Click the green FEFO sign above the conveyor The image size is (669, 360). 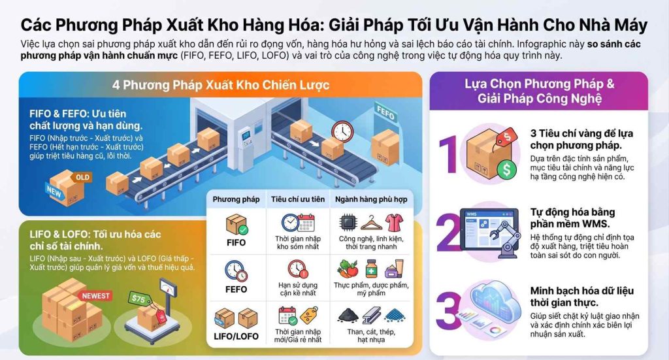386,112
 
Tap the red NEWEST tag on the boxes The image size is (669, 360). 95,295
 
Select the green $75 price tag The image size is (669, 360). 140,299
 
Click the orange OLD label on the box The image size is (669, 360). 82,178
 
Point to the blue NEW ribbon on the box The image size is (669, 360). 54,191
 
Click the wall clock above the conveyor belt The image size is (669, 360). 342,131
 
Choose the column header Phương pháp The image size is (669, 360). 236,199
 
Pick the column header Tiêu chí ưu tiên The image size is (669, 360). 298,199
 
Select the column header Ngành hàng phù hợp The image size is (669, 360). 371,199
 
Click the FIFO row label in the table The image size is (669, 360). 236,242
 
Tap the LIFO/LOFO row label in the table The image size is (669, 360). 236,336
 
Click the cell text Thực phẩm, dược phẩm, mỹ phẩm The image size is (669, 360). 371,289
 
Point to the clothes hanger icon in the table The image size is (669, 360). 371,223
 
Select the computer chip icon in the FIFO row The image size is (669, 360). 348,223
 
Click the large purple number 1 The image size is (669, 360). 448,154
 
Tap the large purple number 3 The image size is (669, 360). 449,310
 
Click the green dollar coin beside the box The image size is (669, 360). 506,169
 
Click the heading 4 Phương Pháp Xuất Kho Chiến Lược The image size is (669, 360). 221,85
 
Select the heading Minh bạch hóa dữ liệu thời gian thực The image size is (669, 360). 582,297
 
